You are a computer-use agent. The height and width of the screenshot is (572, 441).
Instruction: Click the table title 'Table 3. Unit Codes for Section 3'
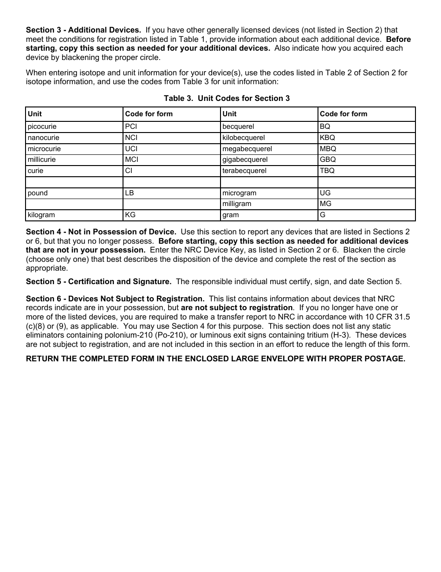point(227,98)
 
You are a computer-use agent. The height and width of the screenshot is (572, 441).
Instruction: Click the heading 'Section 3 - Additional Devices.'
point(84,30)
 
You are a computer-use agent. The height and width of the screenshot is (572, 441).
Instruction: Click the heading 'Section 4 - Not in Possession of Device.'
point(101,232)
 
